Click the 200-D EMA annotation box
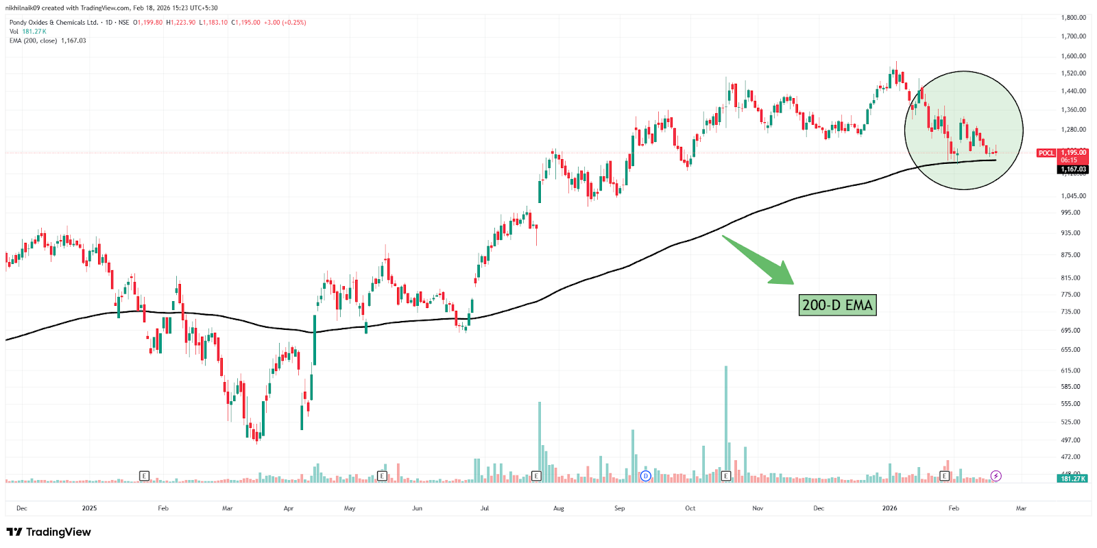(837, 305)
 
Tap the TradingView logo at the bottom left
(49, 532)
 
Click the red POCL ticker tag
(1046, 153)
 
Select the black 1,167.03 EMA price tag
(1073, 169)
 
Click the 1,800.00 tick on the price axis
(1073, 18)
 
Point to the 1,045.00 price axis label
(1073, 196)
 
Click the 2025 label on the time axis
(89, 508)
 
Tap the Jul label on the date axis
(485, 508)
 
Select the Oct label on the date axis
(690, 508)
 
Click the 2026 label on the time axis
(889, 508)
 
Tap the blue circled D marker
(645, 476)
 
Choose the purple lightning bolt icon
(996, 476)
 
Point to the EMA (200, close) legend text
(33, 41)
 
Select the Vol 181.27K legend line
(28, 32)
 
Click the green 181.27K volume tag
(1072, 479)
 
